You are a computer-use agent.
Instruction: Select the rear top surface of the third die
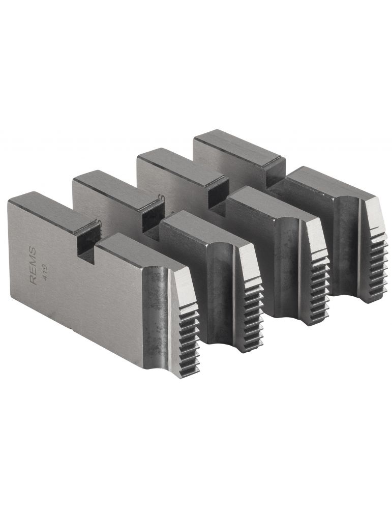coord(180,165)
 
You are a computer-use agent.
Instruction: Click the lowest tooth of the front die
coord(191,371)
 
